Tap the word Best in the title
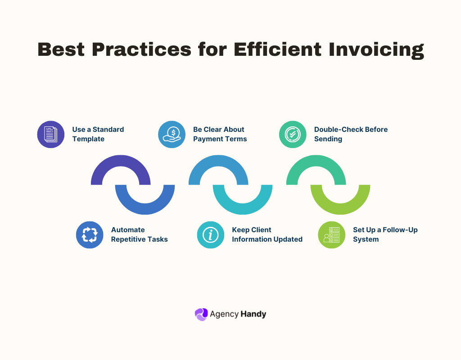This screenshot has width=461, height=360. click(61, 49)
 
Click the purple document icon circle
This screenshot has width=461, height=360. click(51, 134)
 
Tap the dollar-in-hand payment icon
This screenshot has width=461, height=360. click(172, 134)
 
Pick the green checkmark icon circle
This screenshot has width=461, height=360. click(293, 134)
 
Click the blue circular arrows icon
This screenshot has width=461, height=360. click(90, 235)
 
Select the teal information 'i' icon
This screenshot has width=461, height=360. click(211, 235)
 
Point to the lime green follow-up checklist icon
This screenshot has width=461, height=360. click(331, 235)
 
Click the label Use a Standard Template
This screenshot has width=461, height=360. click(98, 134)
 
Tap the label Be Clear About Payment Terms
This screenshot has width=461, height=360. click(220, 134)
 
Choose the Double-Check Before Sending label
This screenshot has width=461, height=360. click(351, 134)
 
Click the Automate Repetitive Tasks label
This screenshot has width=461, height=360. click(139, 234)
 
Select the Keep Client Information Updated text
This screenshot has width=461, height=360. click(267, 234)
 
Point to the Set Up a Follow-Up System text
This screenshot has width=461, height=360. click(385, 234)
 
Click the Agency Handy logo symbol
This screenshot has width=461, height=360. click(201, 314)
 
